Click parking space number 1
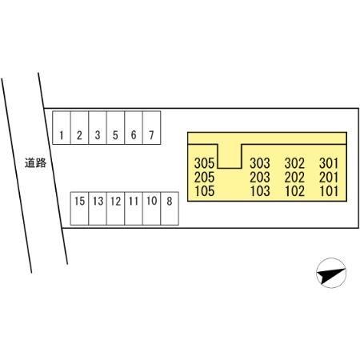pyautogui.click(x=62, y=128)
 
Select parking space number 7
pyautogui.click(x=152, y=128)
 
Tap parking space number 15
pyautogui.click(x=79, y=209)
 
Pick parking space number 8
pyautogui.click(x=170, y=209)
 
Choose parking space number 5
pyautogui.click(x=115, y=128)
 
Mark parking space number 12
pyautogui.click(x=115, y=209)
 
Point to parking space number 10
pyautogui.click(x=152, y=209)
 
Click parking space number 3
pyautogui.click(x=98, y=128)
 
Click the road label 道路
pyautogui.click(x=35, y=162)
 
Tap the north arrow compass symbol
pyautogui.click(x=331, y=273)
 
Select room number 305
pyautogui.click(x=204, y=163)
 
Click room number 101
pyautogui.click(x=329, y=191)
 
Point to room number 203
pyautogui.click(x=260, y=178)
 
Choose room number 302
pyautogui.click(x=294, y=163)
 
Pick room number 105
pyautogui.click(x=204, y=191)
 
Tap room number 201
pyautogui.click(x=329, y=178)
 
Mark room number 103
pyautogui.click(x=260, y=191)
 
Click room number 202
pyautogui.click(x=294, y=178)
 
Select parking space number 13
pyautogui.click(x=98, y=209)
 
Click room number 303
pyautogui.click(x=260, y=163)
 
